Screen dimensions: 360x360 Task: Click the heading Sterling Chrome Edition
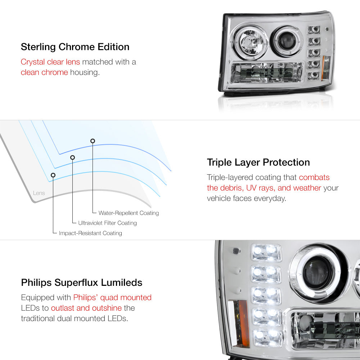tap(75, 47)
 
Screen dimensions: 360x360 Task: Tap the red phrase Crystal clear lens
tap(50, 62)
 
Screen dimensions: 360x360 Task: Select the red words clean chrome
tap(44, 72)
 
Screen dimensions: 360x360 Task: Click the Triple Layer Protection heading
tap(258, 162)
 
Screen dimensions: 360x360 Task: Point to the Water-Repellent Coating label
tap(129, 213)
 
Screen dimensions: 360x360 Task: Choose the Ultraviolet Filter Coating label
tap(107, 223)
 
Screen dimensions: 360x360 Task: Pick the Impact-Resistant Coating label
tap(90, 233)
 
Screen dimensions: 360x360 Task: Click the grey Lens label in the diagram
tap(39, 193)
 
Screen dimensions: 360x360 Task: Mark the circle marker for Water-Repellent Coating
tap(93, 141)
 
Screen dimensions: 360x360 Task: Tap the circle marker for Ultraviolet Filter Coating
tap(73, 158)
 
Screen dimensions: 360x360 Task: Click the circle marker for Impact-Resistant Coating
tap(53, 175)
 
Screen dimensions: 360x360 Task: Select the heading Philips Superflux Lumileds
tap(82, 282)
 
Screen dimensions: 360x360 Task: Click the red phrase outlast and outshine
tap(86, 308)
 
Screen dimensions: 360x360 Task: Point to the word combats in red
tap(314, 177)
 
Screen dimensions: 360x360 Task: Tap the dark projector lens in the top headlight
tap(287, 41)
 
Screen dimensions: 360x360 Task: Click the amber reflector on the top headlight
tap(324, 68)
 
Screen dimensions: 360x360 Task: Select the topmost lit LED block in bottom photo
tap(266, 252)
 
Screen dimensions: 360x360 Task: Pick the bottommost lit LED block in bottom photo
tap(268, 338)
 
